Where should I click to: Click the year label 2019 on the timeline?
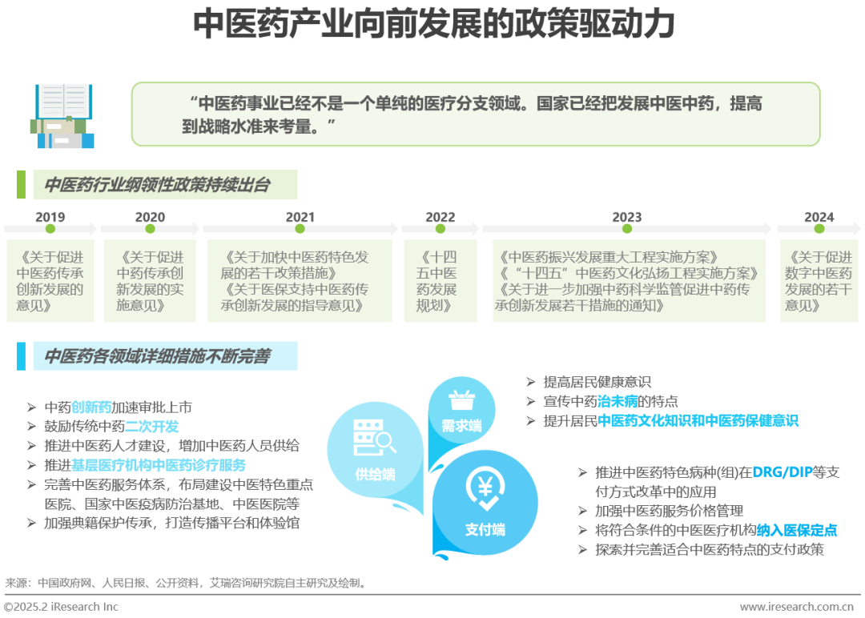coord(50,217)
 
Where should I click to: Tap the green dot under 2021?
coord(300,229)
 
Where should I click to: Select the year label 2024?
coord(819,217)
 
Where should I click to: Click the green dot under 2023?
coord(627,229)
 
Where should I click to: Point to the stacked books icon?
coord(62,116)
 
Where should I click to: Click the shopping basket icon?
coord(462,399)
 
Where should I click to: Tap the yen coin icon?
coord(485,488)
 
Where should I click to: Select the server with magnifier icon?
coord(374,437)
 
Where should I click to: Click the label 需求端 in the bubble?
coord(462,426)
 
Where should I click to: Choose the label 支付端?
coord(485,529)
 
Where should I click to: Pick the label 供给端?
coord(375,474)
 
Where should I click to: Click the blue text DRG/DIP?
coord(783,472)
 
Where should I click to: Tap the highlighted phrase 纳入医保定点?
coord(797,531)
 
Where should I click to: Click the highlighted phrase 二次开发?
coord(152,426)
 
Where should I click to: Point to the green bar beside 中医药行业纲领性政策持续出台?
coord(21,185)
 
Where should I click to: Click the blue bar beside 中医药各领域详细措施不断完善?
coord(21,356)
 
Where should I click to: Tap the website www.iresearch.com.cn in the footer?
coord(797,607)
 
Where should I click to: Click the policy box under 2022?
coord(441,281)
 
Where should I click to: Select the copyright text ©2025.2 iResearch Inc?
coord(61,607)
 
